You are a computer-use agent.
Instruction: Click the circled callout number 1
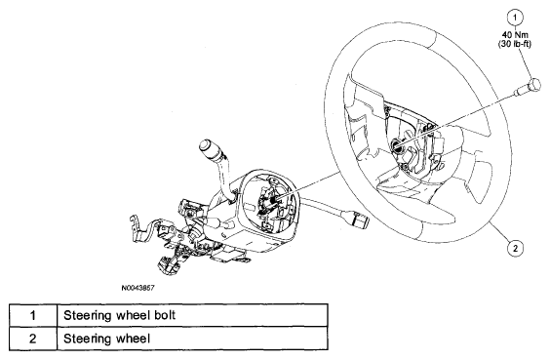coord(515,18)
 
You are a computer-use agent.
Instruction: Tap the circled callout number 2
coord(515,248)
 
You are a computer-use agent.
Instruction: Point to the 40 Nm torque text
coord(515,35)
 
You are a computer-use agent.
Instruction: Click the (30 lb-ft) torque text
coord(515,44)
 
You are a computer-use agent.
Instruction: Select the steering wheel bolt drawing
coord(529,87)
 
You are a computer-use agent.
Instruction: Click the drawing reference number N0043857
coord(137,288)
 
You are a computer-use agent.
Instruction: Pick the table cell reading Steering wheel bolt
coord(192,315)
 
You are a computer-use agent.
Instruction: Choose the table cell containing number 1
coord(33,315)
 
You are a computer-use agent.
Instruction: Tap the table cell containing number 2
coord(33,339)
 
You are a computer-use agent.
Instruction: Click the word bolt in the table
coord(164,315)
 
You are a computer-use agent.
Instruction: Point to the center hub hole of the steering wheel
coord(396,144)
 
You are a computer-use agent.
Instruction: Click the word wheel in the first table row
coord(132,315)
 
